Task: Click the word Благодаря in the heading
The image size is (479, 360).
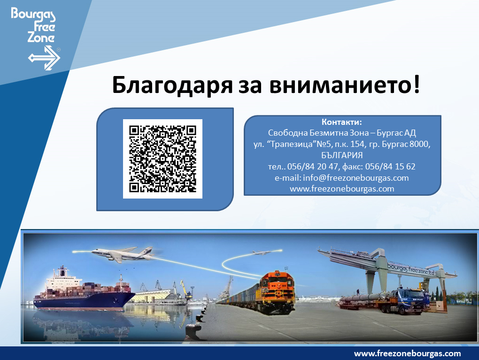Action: (172, 85)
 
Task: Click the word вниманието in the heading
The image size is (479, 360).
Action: (341, 85)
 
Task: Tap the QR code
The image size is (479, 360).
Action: (162, 159)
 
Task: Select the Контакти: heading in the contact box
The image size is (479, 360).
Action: (341, 122)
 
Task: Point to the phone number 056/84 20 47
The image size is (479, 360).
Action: (312, 167)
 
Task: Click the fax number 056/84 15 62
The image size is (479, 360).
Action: (390, 167)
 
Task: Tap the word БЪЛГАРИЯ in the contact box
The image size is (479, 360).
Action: (342, 155)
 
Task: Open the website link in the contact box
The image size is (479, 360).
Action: (342, 189)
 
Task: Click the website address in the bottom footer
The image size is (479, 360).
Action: (407, 353)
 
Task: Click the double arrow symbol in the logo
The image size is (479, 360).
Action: (44, 58)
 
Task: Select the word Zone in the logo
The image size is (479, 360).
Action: (41, 37)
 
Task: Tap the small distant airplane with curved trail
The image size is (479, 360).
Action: (261, 253)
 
